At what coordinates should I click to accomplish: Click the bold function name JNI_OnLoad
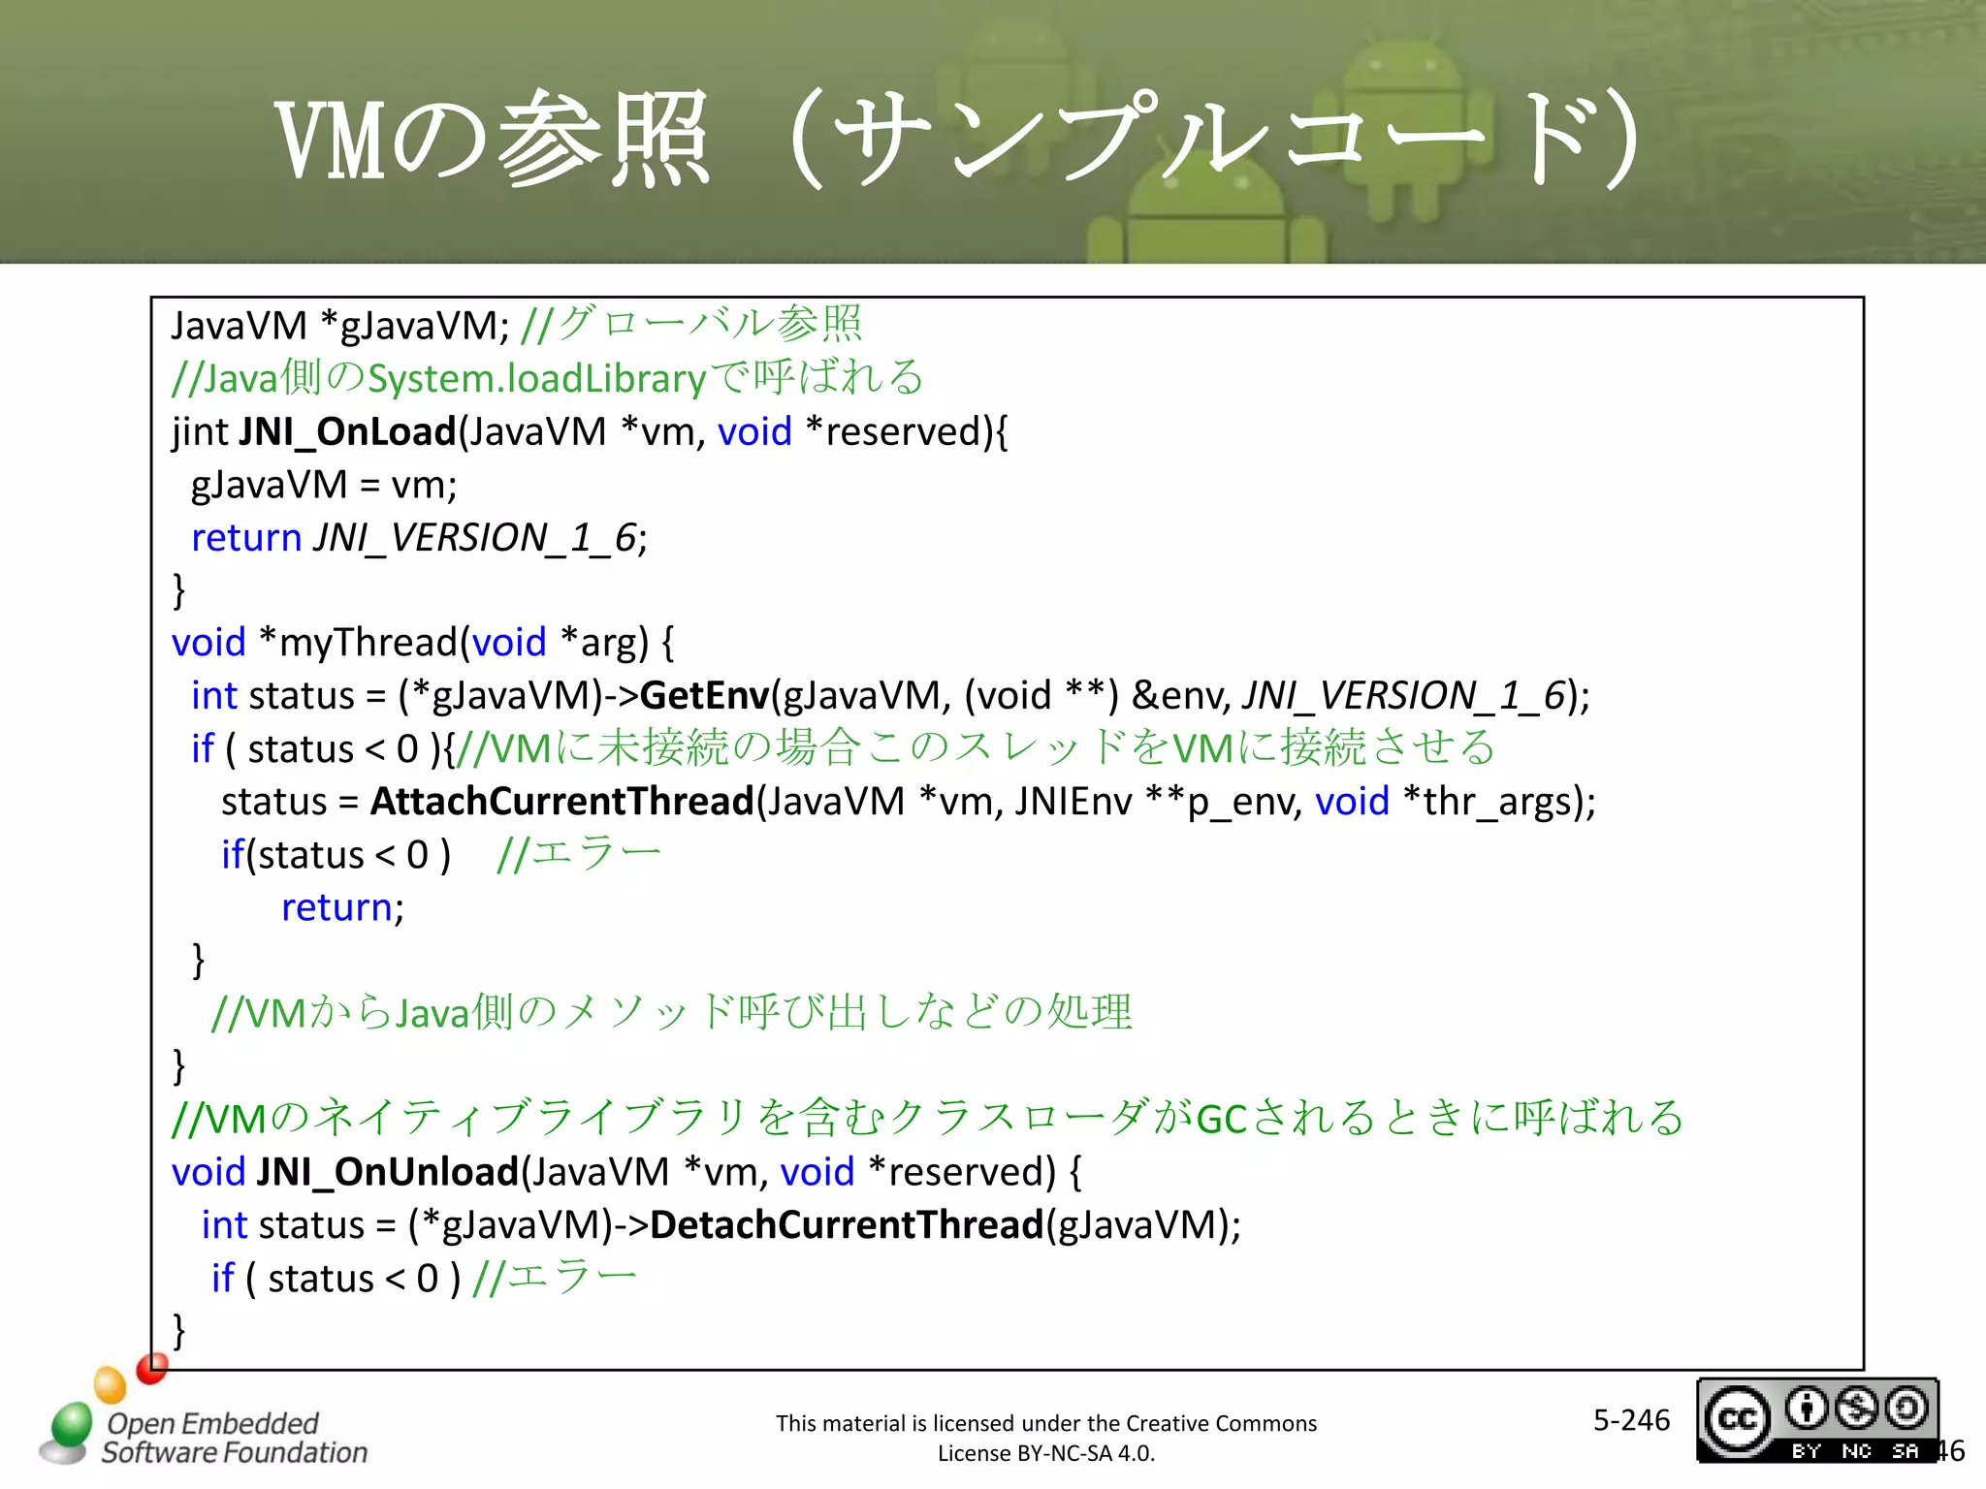click(346, 432)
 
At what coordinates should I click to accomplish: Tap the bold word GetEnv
click(704, 696)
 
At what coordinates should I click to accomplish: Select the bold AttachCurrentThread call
click(561, 802)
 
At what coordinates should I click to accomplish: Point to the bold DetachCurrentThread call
click(847, 1225)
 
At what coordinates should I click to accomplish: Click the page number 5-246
click(1631, 1420)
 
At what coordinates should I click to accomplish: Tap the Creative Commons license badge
click(1816, 1420)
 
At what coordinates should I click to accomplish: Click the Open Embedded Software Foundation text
click(233, 1438)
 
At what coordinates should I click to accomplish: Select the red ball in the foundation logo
click(152, 1368)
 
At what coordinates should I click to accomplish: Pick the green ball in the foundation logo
click(71, 1425)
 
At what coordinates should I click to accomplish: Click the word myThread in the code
click(368, 643)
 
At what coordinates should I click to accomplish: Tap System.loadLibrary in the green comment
click(536, 379)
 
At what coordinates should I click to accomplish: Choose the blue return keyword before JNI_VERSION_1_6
click(246, 538)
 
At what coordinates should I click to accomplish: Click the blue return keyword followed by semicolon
click(336, 908)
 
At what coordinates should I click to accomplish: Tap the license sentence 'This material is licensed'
click(1045, 1423)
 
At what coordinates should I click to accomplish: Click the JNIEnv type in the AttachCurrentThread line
click(1073, 802)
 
